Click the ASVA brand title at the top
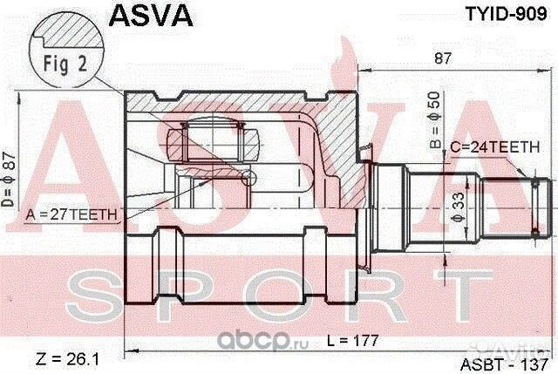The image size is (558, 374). pos(151,15)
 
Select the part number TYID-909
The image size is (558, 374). pos(506,14)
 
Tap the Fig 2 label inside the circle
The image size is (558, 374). pos(65,64)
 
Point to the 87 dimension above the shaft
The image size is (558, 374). pos(443,58)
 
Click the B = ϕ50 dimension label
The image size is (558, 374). pos(435,120)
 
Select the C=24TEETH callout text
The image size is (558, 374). pos(494,147)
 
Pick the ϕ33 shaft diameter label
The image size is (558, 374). pos(459,207)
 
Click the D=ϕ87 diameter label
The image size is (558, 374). pos(8,180)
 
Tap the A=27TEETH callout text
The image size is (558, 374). pos(71,214)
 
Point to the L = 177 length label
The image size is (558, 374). pos(352,341)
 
